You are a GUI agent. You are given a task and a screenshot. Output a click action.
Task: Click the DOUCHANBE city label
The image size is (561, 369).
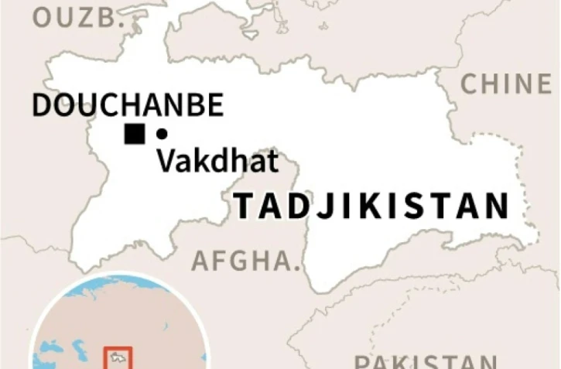[x=128, y=105]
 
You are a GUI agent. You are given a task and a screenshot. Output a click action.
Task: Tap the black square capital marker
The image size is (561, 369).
[x=135, y=134]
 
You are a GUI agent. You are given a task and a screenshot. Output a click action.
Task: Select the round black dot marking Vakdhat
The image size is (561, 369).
[x=162, y=134]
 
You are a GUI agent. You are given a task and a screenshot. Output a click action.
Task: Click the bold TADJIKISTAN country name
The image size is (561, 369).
[x=372, y=207]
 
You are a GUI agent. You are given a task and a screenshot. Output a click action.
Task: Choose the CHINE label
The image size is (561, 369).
[x=507, y=84]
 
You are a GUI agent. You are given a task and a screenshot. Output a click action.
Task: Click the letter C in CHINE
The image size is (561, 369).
[x=471, y=84]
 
